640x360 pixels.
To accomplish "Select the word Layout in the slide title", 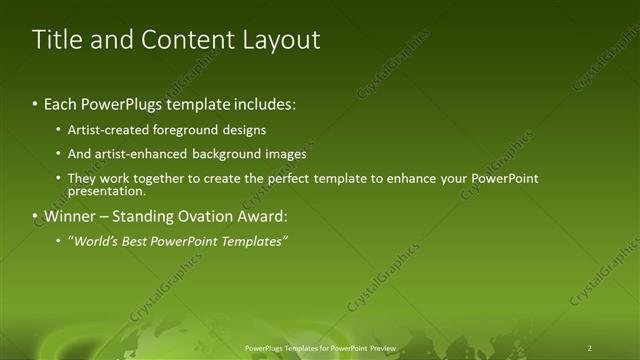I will tap(282, 40).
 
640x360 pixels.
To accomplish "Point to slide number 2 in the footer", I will tap(589, 348).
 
